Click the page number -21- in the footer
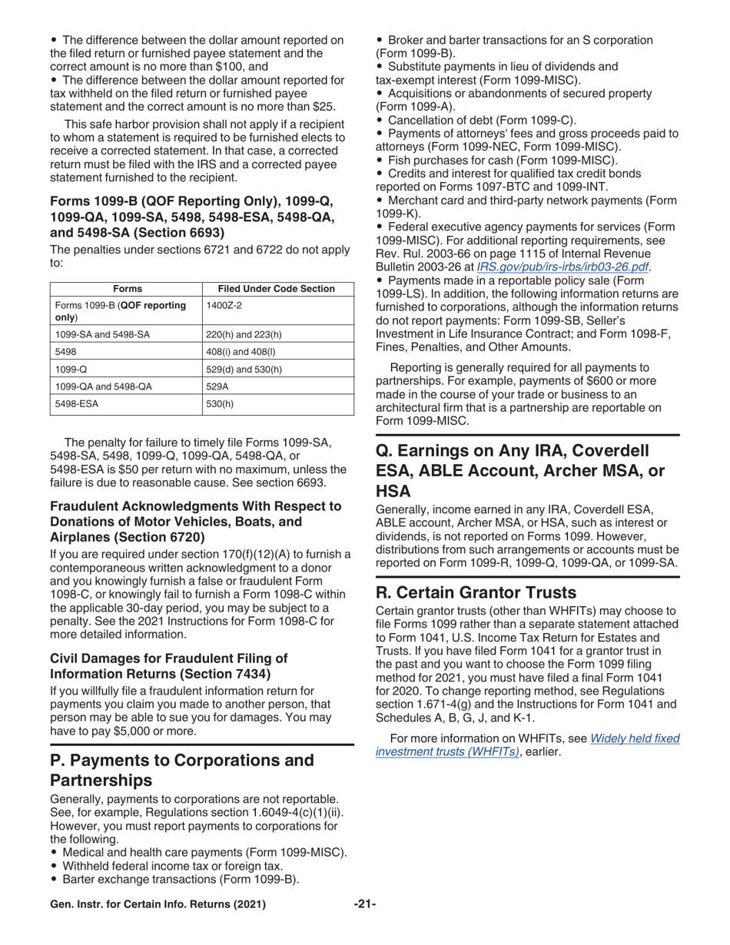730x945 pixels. coord(364,904)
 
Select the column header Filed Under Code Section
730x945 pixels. coord(277,289)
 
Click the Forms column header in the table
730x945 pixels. coord(127,289)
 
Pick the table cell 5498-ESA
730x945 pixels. coord(77,403)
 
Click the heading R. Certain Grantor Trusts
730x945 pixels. coord(476,592)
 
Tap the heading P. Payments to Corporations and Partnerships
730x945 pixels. coord(182,770)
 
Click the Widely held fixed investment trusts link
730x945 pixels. coord(527,744)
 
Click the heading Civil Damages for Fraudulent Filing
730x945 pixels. coord(168,666)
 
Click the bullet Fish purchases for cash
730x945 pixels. coord(503,160)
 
